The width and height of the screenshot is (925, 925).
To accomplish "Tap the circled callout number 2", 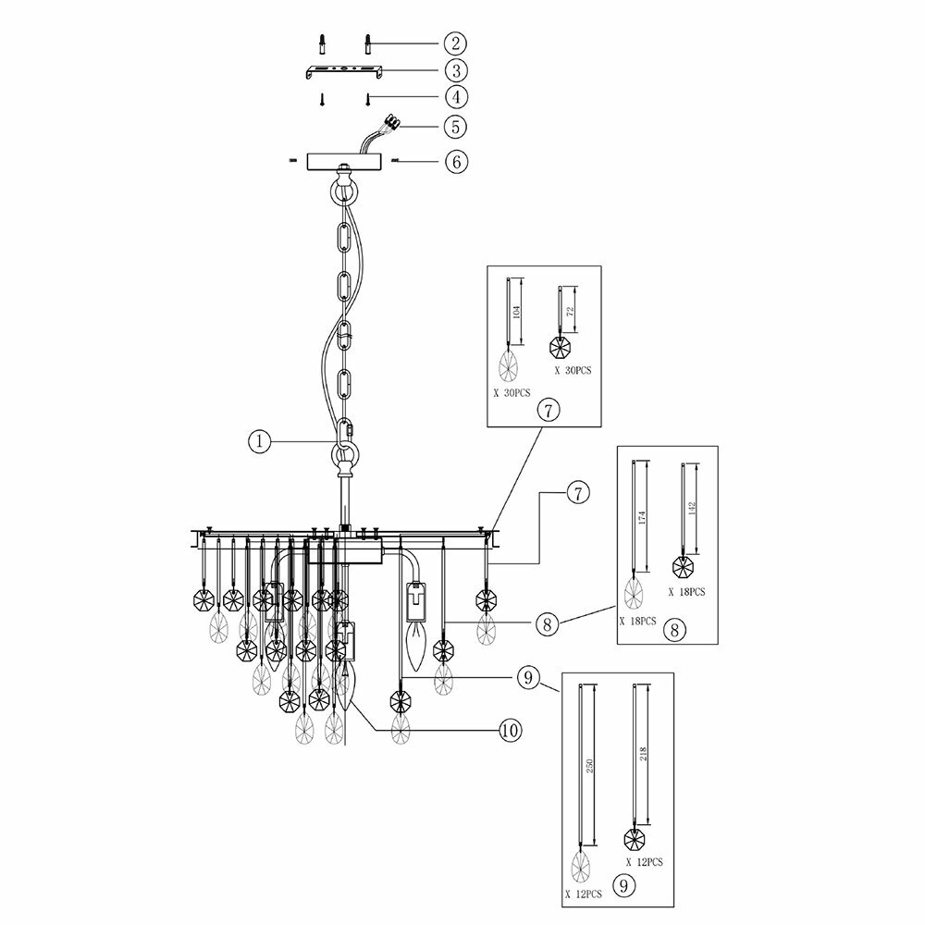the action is pos(454,43).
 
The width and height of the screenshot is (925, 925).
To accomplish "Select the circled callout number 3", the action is pos(454,69).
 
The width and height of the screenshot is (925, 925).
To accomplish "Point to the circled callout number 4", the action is pos(454,96).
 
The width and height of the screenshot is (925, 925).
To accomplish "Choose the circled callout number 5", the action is pos(454,125).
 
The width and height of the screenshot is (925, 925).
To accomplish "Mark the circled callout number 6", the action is pos(454,161).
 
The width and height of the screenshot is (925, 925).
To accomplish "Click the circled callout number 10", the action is pos(508,731).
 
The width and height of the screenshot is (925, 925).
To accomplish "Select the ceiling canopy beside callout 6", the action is pos(343,159).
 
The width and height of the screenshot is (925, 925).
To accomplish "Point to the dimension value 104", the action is pos(518,312).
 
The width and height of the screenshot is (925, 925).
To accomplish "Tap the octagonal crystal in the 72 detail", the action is pos(560,348).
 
